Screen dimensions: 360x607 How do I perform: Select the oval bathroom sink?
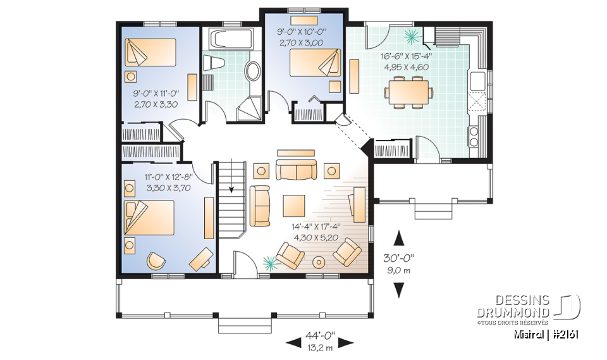coord(252,71)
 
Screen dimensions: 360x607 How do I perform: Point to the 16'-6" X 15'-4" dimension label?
coord(406,61)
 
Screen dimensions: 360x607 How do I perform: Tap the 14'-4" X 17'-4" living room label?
coord(317,232)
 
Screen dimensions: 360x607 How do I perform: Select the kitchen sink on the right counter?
coord(477,80)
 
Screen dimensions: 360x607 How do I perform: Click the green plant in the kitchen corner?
coord(412,35)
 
